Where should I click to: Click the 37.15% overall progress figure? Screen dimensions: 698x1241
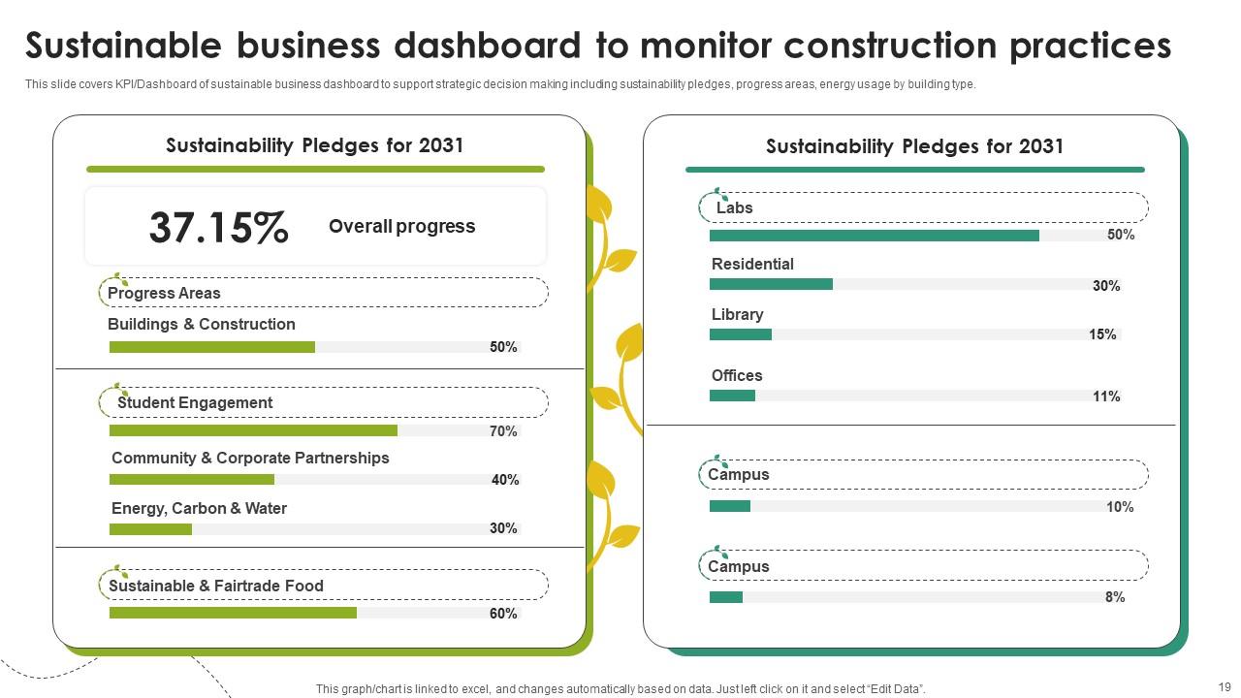(218, 228)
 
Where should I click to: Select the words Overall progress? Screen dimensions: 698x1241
(401, 226)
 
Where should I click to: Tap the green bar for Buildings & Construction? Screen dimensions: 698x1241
(211, 347)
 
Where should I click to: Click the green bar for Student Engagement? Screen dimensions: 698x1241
(253, 430)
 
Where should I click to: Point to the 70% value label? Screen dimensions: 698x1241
(503, 431)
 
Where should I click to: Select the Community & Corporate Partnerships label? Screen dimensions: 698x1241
(250, 458)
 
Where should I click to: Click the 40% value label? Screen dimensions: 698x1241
(505, 480)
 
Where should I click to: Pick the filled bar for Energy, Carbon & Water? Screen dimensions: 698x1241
(150, 529)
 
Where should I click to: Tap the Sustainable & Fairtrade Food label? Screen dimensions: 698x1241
(215, 586)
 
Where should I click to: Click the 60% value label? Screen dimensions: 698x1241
(503, 614)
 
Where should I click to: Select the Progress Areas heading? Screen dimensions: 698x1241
(164, 293)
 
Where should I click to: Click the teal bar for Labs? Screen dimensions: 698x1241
(874, 236)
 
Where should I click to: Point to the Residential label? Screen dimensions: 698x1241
(752, 264)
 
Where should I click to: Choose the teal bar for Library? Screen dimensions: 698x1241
(740, 334)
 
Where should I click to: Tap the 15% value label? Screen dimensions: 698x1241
(1102, 334)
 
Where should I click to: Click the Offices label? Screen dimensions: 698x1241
(737, 375)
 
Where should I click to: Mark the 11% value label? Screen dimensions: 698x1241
(1106, 397)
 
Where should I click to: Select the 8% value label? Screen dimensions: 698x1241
(1115, 597)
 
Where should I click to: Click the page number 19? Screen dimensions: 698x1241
(1224, 685)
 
